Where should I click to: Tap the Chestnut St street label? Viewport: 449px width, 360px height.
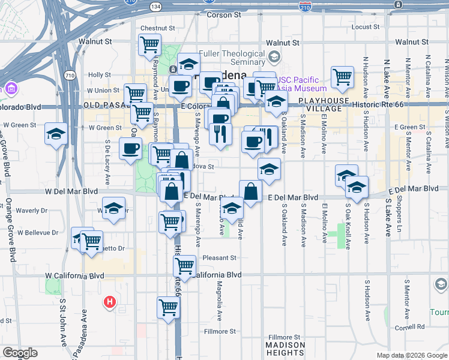click(x=157, y=28)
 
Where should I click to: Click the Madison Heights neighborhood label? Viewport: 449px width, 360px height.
click(x=285, y=349)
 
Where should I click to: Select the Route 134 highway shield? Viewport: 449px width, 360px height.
click(x=155, y=6)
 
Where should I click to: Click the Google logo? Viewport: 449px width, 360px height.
click(x=20, y=353)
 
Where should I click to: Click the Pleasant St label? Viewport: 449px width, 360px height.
click(x=220, y=258)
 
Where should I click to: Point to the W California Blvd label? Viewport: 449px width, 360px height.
click(x=74, y=275)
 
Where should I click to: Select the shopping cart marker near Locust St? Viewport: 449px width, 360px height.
click(x=342, y=76)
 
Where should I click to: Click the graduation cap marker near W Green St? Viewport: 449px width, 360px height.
click(x=56, y=134)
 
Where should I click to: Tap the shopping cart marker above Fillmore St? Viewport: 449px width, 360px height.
click(x=169, y=307)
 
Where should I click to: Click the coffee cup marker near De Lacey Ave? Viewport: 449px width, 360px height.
click(x=130, y=148)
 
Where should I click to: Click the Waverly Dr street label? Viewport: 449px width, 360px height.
click(x=31, y=211)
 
